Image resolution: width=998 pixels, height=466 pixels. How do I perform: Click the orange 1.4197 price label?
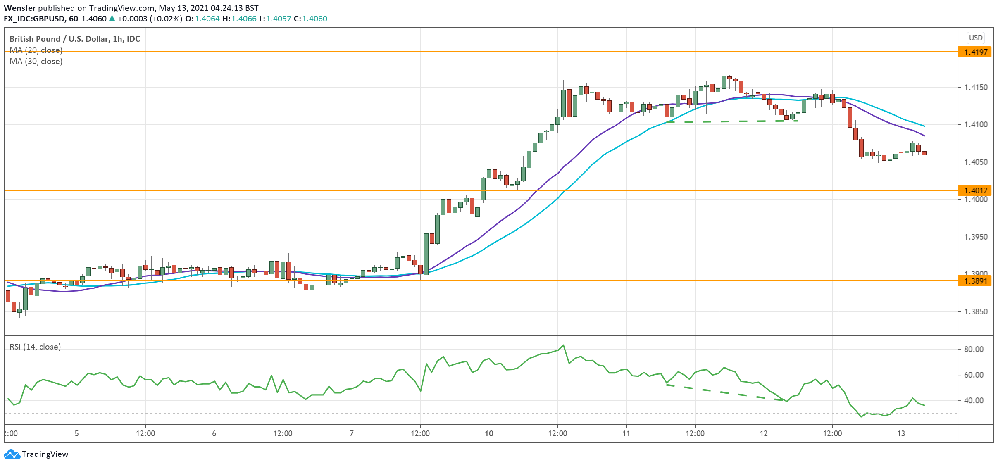(975, 52)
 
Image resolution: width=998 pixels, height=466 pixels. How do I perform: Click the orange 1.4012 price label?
(975, 190)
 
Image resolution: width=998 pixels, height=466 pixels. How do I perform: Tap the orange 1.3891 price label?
(975, 281)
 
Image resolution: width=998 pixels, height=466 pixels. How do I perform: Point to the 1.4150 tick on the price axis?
(976, 87)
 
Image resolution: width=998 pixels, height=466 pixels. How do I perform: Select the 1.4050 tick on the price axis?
(976, 162)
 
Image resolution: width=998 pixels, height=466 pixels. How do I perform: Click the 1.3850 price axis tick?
(976, 311)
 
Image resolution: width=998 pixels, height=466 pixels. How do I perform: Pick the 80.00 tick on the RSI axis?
(974, 349)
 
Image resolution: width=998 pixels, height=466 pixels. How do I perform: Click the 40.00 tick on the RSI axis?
(974, 400)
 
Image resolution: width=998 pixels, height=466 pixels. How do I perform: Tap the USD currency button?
(976, 38)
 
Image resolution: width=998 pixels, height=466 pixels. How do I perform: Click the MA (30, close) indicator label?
(36, 61)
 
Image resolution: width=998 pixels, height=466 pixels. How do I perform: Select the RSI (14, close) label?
(35, 347)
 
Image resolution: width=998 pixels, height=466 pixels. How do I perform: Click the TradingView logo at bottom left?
(36, 454)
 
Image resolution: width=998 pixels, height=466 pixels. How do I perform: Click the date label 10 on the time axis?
(489, 433)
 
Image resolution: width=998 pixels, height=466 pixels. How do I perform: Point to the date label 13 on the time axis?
(901, 433)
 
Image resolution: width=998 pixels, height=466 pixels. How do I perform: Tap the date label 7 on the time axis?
(351, 433)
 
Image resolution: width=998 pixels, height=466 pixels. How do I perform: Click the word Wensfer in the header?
(20, 8)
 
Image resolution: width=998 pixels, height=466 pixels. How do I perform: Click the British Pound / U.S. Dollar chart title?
(74, 39)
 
